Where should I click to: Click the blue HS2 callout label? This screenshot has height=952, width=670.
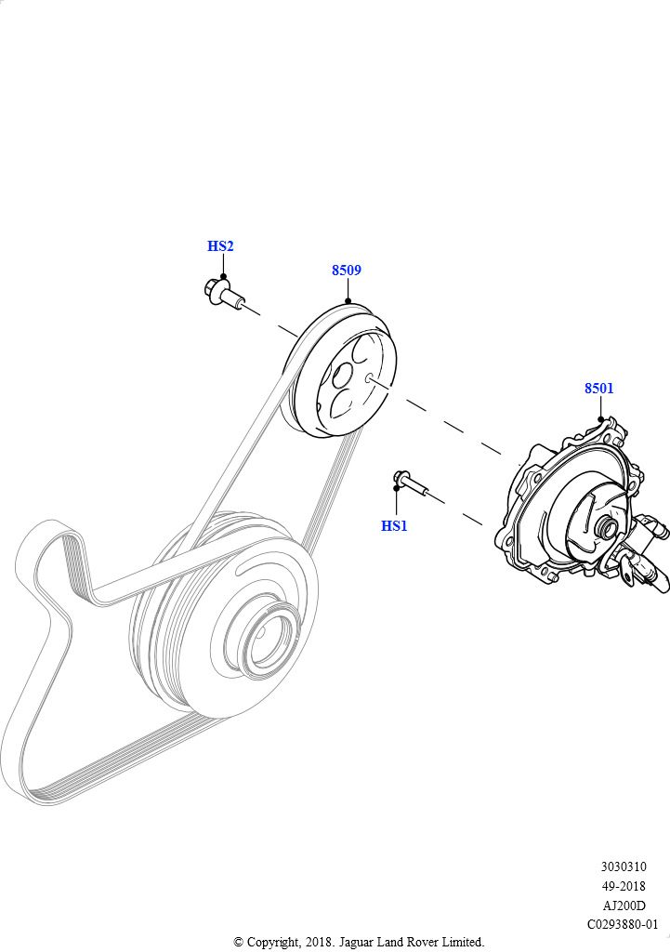[x=220, y=245]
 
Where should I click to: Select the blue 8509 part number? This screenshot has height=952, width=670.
[x=347, y=271]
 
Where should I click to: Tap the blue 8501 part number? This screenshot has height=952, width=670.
[x=599, y=388]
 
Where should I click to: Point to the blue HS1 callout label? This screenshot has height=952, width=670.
[x=394, y=526]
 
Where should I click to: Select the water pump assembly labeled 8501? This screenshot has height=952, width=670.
[x=580, y=513]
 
